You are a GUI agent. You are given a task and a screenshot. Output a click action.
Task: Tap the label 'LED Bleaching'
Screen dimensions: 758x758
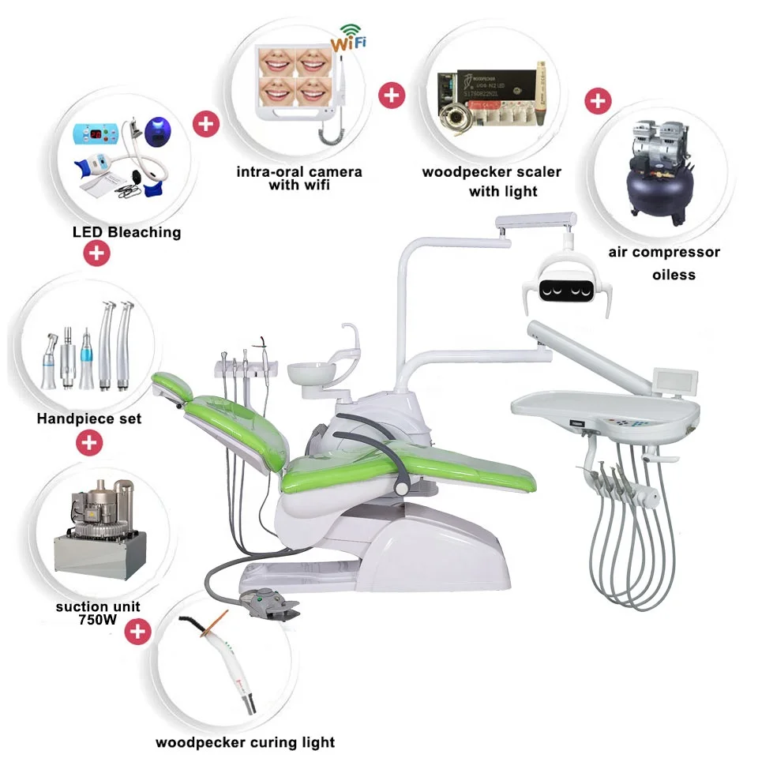[x=127, y=232]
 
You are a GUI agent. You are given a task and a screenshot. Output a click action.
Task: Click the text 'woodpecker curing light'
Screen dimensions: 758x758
[x=245, y=742]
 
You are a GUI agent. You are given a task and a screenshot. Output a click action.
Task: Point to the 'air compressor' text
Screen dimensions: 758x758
[x=664, y=253]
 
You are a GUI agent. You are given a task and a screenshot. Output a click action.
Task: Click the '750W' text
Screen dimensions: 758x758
[x=98, y=620]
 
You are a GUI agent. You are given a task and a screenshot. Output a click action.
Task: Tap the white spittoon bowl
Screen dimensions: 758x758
[x=312, y=373]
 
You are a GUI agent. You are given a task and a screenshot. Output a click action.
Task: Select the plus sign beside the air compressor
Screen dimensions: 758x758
[x=599, y=101]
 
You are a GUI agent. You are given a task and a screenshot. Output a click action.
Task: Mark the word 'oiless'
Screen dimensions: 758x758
[x=674, y=274]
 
